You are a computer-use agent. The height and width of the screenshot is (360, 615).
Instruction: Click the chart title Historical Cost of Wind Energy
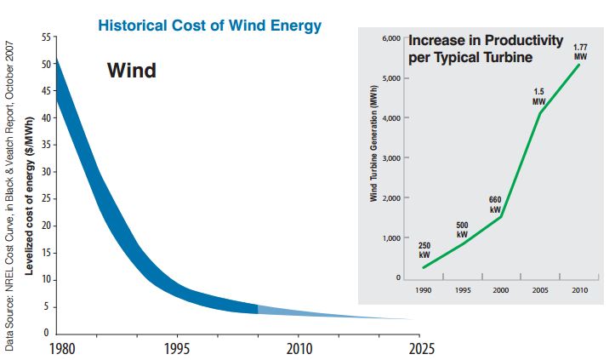click(x=209, y=25)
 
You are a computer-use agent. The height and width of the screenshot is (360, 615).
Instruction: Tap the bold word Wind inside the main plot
click(x=131, y=71)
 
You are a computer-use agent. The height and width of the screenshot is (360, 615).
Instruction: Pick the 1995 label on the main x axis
click(x=177, y=348)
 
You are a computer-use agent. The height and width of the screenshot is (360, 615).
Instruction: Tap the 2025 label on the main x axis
click(x=420, y=348)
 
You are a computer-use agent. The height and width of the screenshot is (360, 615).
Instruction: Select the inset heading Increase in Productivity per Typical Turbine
click(x=487, y=49)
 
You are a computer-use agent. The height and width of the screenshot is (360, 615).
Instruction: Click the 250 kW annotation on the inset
click(x=424, y=250)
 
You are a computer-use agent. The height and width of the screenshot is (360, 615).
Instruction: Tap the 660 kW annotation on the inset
click(x=495, y=203)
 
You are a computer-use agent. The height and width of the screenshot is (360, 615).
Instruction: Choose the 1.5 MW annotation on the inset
click(x=538, y=96)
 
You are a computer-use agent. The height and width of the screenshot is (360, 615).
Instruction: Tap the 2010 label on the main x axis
click(x=299, y=348)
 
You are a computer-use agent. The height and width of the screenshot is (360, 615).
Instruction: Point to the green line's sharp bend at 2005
click(x=540, y=113)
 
